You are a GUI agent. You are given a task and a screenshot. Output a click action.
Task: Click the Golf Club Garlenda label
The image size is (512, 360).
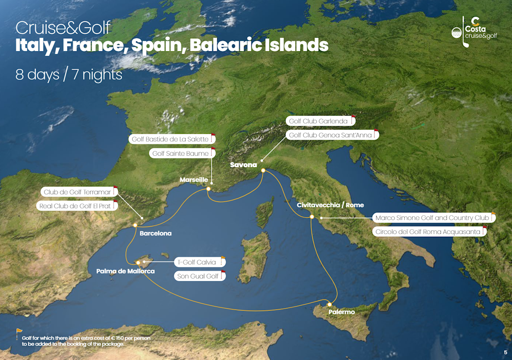pyautogui.click(x=318, y=121)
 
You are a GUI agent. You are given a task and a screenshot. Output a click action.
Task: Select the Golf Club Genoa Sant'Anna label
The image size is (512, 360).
pyautogui.click(x=330, y=135)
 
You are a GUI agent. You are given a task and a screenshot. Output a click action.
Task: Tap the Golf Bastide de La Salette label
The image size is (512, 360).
pyautogui.click(x=170, y=139)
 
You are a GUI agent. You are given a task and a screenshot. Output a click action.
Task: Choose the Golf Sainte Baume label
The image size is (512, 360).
pyautogui.click(x=180, y=154)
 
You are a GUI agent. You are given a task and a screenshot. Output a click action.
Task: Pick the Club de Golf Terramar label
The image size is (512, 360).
pyautogui.click(x=77, y=192)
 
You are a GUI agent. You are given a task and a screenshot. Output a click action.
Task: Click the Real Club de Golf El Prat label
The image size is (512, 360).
pyautogui.click(x=75, y=206)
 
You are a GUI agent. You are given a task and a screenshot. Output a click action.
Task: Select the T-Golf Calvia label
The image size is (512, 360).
pyautogui.click(x=197, y=262)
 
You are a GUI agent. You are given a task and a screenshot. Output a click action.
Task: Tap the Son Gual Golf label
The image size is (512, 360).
pyautogui.click(x=198, y=276)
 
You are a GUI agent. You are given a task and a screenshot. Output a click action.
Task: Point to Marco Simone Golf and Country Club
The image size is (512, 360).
pyautogui.click(x=432, y=218)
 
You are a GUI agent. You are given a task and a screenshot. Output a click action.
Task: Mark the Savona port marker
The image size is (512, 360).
pyautogui.click(x=263, y=171)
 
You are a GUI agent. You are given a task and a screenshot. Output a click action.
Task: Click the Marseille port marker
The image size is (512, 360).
pyautogui.click(x=209, y=189)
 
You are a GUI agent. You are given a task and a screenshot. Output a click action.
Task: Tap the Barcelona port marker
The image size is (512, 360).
pyautogui.click(x=135, y=225)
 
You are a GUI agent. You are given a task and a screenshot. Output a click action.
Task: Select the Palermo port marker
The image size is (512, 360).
pyautogui.click(x=329, y=305)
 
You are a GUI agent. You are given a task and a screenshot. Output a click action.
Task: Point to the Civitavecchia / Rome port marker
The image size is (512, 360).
pyautogui.click(x=312, y=217)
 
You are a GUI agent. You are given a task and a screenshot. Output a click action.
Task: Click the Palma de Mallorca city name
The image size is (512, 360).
pyautogui.click(x=125, y=271)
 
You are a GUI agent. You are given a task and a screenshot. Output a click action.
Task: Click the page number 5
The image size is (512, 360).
pyautogui.click(x=505, y=352)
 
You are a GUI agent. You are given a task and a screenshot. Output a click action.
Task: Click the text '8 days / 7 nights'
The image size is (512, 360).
pyautogui.click(x=69, y=75)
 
